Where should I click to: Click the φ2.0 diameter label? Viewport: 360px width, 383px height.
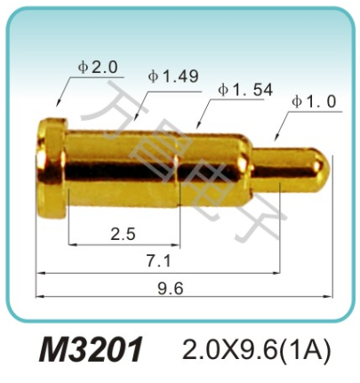click(x=98, y=68)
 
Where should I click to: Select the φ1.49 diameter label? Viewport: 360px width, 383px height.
click(x=173, y=76)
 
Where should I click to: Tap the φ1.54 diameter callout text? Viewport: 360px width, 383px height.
click(x=245, y=90)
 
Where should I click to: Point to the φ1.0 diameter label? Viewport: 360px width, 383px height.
click(x=314, y=101)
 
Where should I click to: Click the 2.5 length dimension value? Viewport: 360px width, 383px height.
click(x=123, y=234)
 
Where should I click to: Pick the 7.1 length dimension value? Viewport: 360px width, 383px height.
click(x=159, y=261)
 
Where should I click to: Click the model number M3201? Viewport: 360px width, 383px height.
click(x=91, y=349)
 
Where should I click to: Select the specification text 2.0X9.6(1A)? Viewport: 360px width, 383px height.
click(x=256, y=349)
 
